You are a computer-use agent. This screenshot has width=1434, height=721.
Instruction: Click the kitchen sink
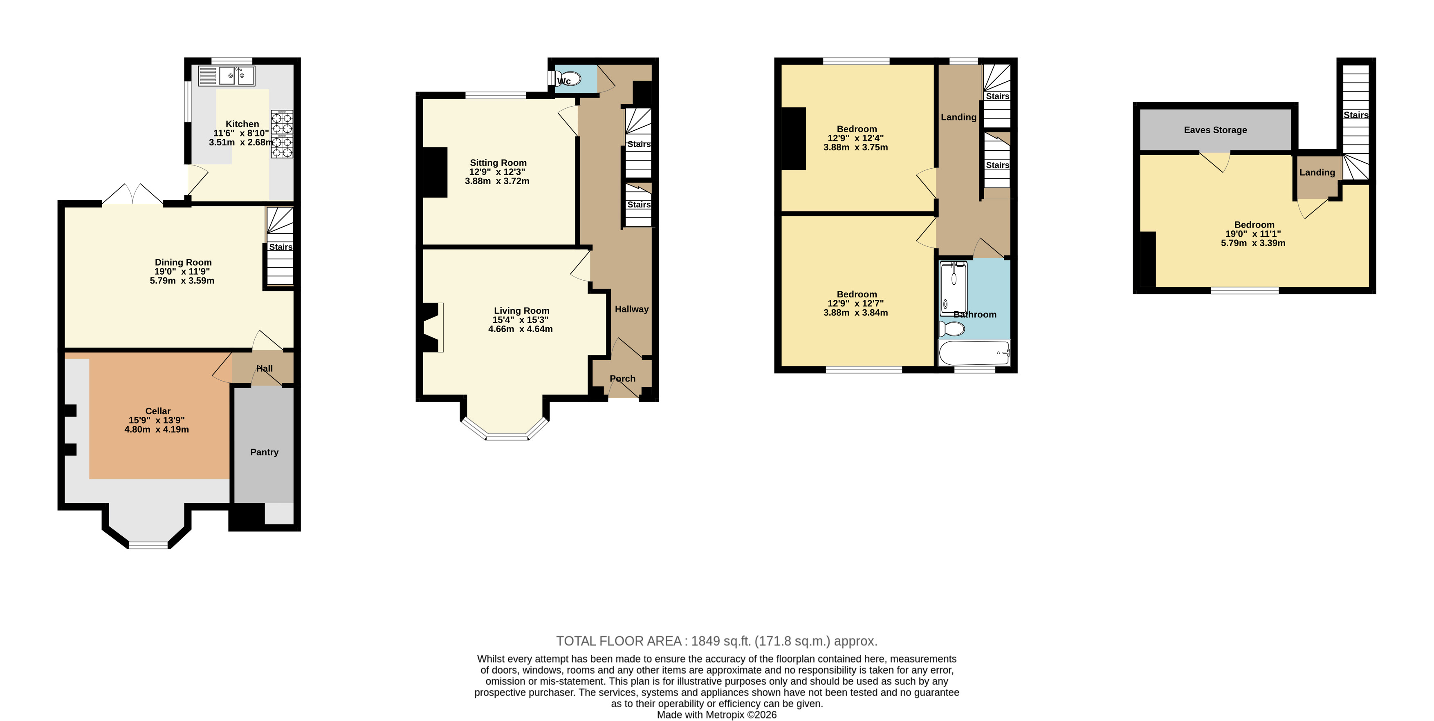pyautogui.click(x=227, y=76)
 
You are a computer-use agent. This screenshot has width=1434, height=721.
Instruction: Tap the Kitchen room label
pyautogui.click(x=242, y=124)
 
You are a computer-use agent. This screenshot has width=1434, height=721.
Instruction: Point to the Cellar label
pyautogui.click(x=158, y=411)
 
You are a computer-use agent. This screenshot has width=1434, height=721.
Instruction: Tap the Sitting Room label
pyautogui.click(x=498, y=163)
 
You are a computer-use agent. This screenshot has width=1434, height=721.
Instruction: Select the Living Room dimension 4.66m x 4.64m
pyautogui.click(x=521, y=329)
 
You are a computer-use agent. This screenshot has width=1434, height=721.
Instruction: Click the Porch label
pyautogui.click(x=622, y=379)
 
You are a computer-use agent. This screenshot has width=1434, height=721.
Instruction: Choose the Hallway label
pyautogui.click(x=632, y=309)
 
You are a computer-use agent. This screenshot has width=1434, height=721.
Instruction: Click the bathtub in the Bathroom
pyautogui.click(x=974, y=353)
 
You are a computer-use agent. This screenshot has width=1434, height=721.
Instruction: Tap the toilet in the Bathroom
pyautogui.click(x=952, y=329)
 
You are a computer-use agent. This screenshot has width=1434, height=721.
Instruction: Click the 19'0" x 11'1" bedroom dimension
pyautogui.click(x=1253, y=234)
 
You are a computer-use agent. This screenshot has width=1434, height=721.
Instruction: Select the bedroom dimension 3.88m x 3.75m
pyautogui.click(x=855, y=147)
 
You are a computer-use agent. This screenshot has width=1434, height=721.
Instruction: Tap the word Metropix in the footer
pyautogui.click(x=725, y=715)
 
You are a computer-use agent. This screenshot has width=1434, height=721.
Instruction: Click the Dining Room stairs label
pyautogui.click(x=281, y=247)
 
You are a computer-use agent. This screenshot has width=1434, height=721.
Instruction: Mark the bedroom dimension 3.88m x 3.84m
pyautogui.click(x=855, y=313)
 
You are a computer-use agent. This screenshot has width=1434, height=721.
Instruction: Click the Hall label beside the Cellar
pyautogui.click(x=265, y=368)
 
